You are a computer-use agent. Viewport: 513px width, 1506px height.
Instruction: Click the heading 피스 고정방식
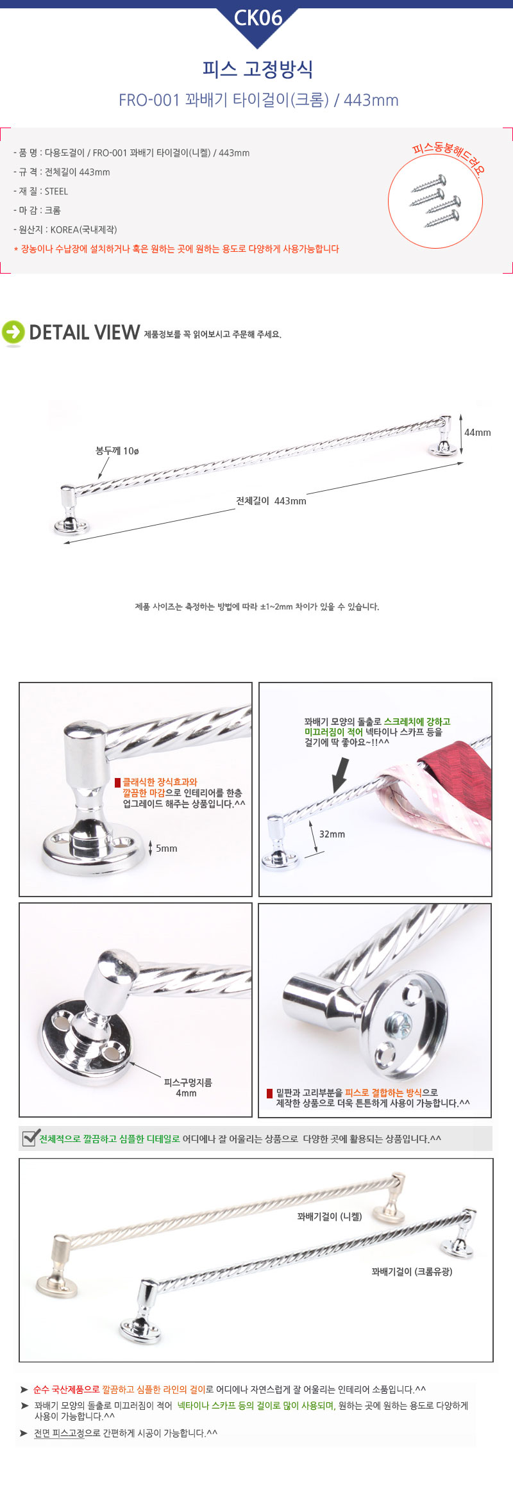(x=257, y=69)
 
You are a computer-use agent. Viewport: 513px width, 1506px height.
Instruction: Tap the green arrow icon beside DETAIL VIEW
(x=13, y=332)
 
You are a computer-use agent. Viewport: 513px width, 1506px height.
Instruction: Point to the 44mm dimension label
(x=478, y=433)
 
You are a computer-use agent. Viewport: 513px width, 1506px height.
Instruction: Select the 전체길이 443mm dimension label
(x=271, y=501)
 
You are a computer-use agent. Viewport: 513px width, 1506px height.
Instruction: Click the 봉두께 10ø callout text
(x=117, y=451)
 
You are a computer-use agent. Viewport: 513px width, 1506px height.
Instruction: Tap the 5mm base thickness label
(x=167, y=848)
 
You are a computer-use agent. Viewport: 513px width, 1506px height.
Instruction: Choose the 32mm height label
(x=332, y=834)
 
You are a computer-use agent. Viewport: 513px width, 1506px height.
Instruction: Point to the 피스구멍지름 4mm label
(x=187, y=1088)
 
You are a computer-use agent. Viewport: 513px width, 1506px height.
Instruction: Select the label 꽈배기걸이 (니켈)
(x=330, y=1216)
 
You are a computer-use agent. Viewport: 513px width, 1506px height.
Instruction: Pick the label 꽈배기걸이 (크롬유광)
(x=412, y=1271)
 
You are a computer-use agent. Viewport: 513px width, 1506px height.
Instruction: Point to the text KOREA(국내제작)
(x=83, y=229)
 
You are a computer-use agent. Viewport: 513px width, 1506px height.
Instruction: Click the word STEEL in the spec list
(x=56, y=191)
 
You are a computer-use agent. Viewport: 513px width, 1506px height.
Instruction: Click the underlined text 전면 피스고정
(x=59, y=1434)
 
